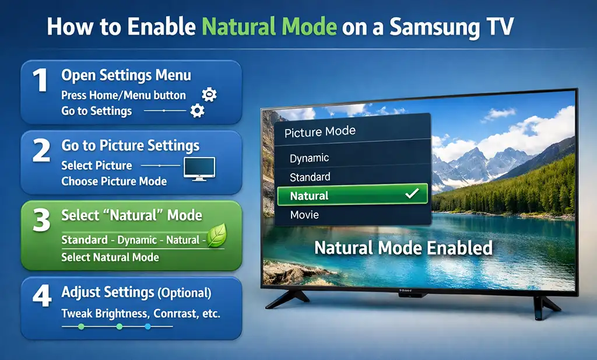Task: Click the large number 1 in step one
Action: coord(40,81)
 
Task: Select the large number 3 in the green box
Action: coord(41,222)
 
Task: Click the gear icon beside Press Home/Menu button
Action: coord(208,95)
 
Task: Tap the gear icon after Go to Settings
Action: coord(198,110)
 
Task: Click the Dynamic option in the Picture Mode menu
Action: coord(309,158)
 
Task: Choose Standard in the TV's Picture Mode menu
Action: coord(310,177)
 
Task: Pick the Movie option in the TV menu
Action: coord(304,215)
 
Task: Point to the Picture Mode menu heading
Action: coord(320,132)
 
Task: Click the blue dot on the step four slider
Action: coord(148,327)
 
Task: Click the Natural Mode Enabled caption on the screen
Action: coord(403,248)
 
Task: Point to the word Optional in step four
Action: coord(184,293)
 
